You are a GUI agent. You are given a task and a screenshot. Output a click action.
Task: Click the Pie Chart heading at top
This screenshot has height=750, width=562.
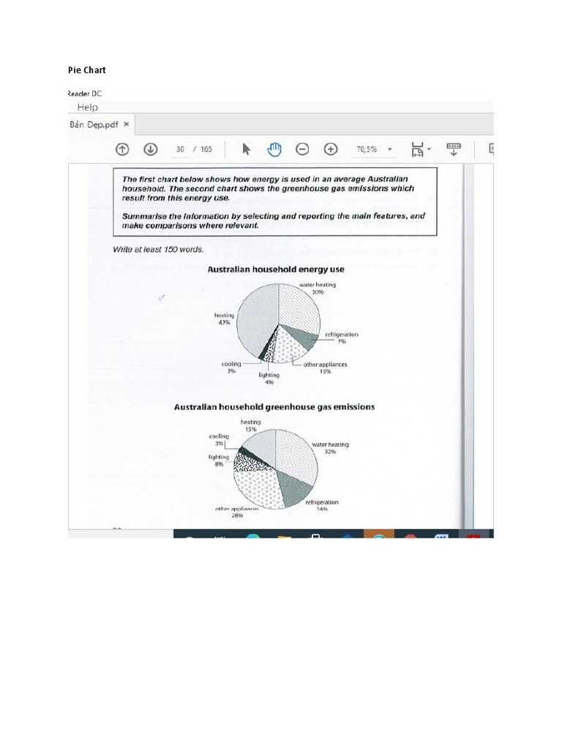click(x=86, y=70)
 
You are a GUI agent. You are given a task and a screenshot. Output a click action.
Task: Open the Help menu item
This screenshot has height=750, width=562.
click(x=82, y=107)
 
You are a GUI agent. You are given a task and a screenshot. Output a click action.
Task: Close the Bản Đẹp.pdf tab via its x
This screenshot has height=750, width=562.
click(x=127, y=125)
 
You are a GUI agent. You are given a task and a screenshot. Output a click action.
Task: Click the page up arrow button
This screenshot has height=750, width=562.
click(x=122, y=149)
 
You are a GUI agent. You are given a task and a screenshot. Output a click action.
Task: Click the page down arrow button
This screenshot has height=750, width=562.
click(x=150, y=149)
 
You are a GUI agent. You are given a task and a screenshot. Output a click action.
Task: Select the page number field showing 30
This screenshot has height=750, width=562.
click(x=179, y=149)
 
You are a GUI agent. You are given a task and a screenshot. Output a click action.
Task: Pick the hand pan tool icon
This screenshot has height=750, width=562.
click(x=274, y=149)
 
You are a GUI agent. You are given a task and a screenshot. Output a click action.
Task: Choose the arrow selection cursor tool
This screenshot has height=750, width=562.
click(x=246, y=149)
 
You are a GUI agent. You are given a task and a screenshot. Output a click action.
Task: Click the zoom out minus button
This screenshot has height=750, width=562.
click(x=301, y=149)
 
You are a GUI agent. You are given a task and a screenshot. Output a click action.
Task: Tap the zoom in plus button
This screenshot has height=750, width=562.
click(x=330, y=149)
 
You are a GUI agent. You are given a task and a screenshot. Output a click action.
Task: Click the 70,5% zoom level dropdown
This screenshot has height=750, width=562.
click(x=374, y=149)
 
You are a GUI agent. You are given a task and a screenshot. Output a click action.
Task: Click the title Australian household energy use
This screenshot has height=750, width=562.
click(x=275, y=270)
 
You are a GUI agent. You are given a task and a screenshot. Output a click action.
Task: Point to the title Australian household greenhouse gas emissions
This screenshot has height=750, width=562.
click(x=274, y=406)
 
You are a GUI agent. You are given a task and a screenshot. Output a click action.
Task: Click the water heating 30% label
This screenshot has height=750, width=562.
click(x=317, y=289)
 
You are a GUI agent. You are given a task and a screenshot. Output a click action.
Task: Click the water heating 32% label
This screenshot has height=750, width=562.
click(x=330, y=448)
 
